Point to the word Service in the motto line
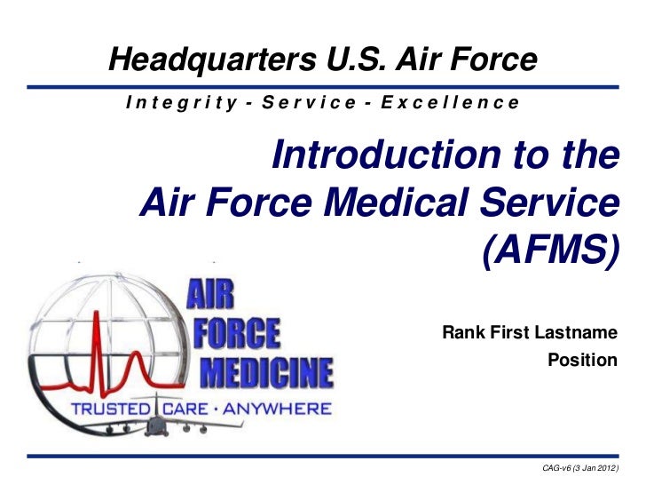coord(311,103)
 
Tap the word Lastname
coord(576,334)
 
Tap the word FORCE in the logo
coord(241,333)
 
